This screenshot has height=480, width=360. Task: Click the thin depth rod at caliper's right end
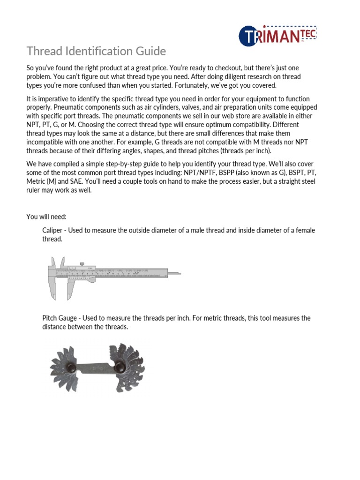(x=174, y=273)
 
